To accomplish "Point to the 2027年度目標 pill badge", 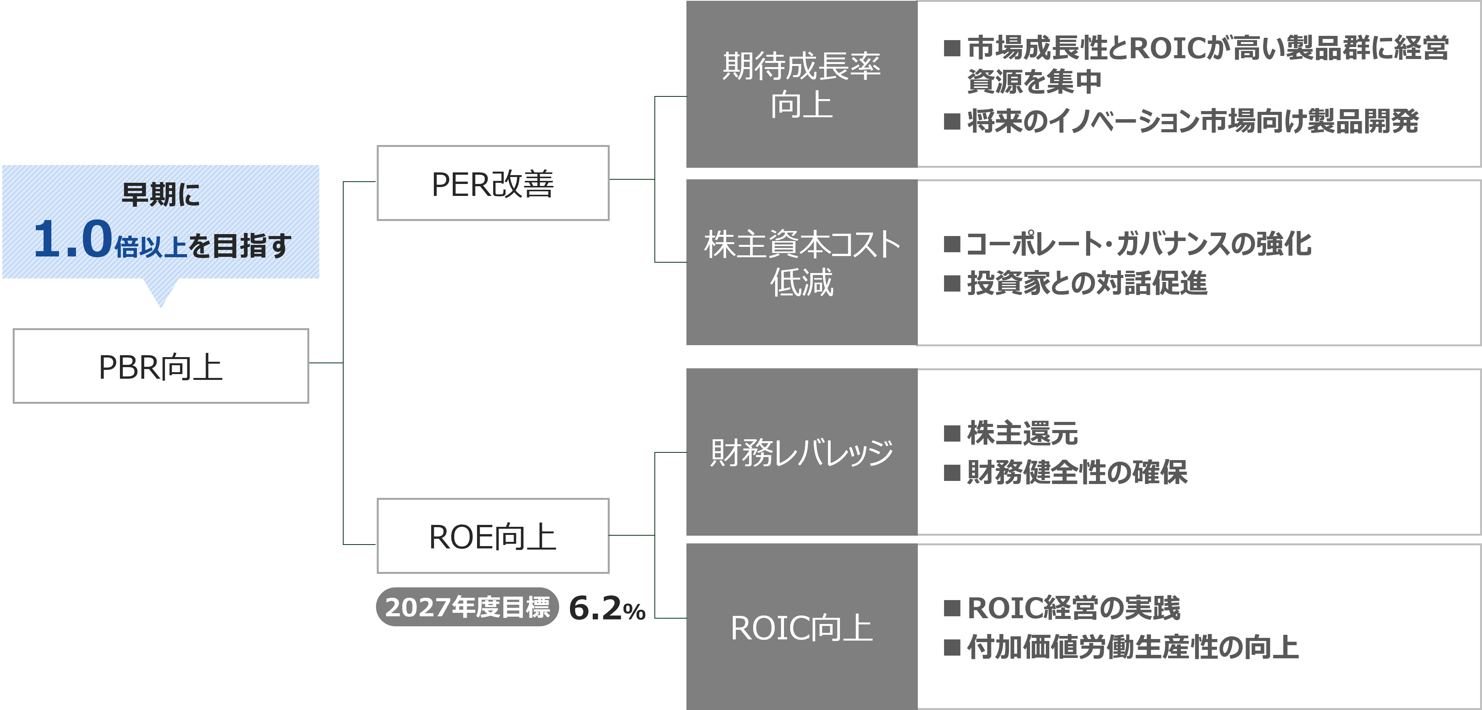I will [x=467, y=607].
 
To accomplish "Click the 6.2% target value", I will [x=607, y=609].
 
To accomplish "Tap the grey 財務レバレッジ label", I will [x=801, y=452].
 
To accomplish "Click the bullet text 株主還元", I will [x=1022, y=433].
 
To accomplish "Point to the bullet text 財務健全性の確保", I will [x=1077, y=472].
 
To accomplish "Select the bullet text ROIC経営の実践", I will [x=1074, y=608].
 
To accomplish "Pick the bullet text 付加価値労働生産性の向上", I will [x=1132, y=647].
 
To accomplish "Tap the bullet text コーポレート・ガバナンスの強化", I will [x=1139, y=244].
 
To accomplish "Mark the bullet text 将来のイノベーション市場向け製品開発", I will [x=1193, y=121].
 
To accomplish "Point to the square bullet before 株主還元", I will [x=952, y=433].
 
